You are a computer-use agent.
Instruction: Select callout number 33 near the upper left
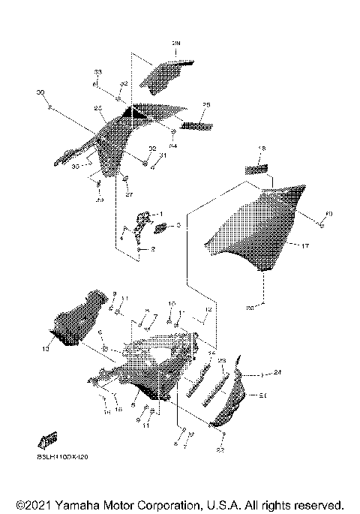tap(97, 72)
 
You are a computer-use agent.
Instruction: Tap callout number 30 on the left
tap(40, 92)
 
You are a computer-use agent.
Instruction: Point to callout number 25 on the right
tap(206, 104)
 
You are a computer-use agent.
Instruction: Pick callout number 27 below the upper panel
tap(128, 194)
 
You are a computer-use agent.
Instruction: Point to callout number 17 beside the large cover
tap(305, 245)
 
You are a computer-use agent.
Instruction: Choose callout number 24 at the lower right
tap(277, 372)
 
